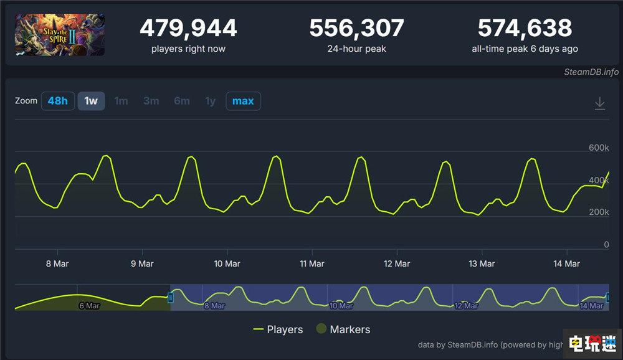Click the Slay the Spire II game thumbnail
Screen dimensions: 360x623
60,35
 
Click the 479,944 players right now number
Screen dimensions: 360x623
188,28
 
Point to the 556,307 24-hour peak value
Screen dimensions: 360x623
356,28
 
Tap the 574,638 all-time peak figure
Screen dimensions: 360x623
525,28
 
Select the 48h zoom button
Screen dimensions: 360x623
58,101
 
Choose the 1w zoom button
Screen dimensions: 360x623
91,101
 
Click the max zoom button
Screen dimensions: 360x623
243,101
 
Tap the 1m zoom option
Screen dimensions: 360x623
121,101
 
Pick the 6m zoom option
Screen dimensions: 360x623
181,101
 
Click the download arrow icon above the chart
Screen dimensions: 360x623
599,103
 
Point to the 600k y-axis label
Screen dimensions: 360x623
598,148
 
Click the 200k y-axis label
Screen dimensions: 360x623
598,212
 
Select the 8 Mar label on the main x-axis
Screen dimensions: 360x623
57,263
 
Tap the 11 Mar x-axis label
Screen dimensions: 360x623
312,263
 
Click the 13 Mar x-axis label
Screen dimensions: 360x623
482,263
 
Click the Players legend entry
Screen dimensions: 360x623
278,329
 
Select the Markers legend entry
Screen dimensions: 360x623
343,329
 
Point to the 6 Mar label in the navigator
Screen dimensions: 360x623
89,306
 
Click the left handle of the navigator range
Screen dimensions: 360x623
171,298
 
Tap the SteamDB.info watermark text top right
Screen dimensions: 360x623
591,72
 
